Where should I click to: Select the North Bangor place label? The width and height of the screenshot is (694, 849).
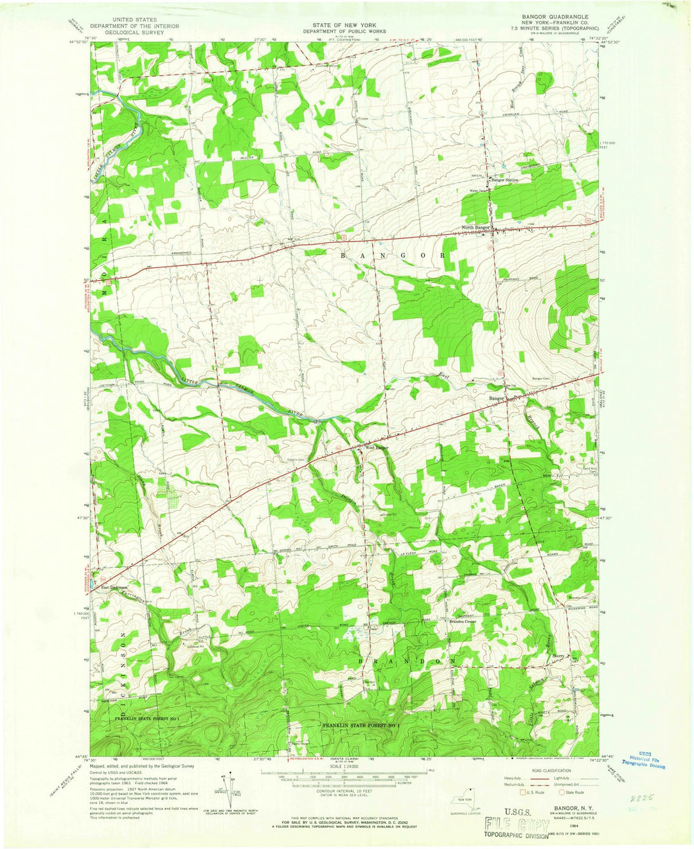476,228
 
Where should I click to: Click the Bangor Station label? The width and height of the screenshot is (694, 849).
505,180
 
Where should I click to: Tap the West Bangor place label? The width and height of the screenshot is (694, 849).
377,447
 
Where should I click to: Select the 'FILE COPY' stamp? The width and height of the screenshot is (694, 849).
512,826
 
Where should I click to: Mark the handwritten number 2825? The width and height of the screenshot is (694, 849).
643,797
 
